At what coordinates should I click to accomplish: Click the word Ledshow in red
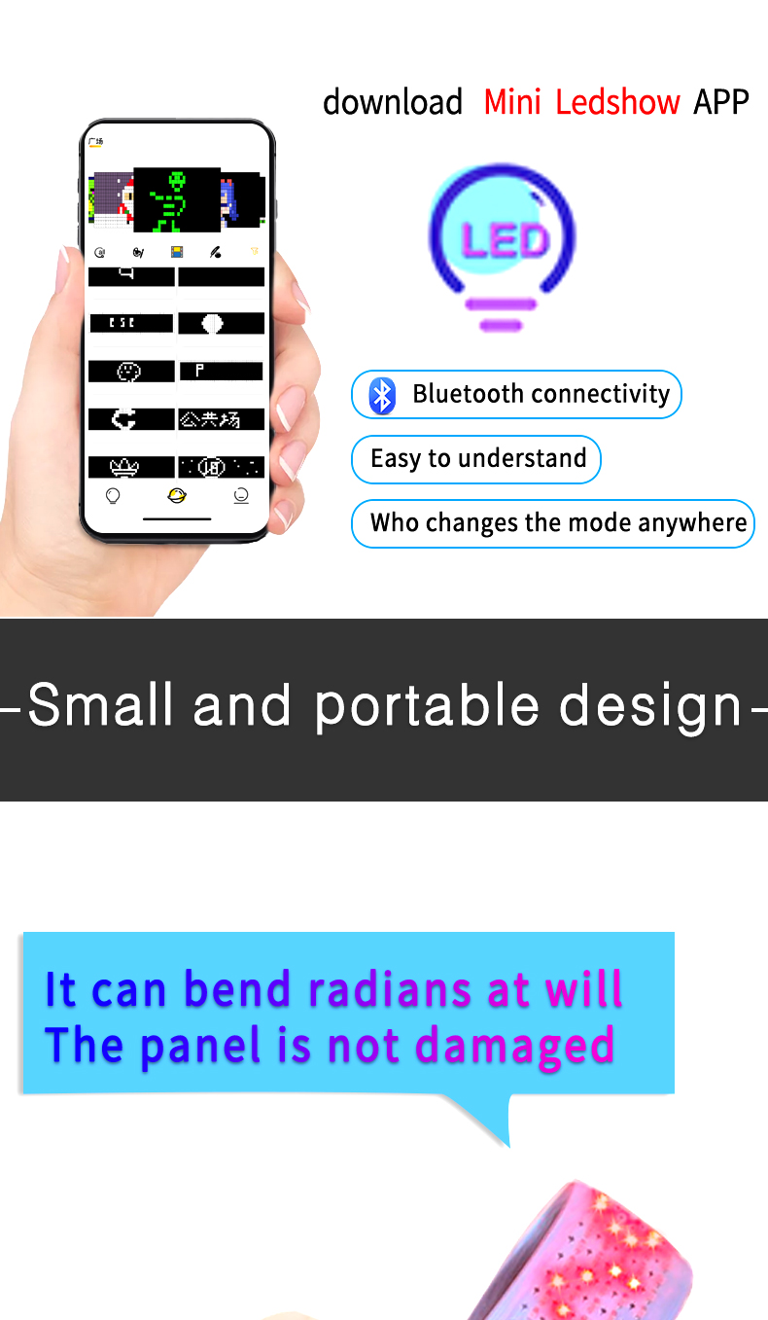click(617, 102)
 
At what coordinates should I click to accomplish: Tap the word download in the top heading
click(393, 102)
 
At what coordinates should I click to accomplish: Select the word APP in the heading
click(720, 102)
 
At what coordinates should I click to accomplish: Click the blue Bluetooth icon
click(382, 395)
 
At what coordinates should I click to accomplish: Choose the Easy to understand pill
click(476, 459)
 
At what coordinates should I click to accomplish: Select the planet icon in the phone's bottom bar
click(176, 496)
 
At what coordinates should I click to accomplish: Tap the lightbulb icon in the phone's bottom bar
click(113, 496)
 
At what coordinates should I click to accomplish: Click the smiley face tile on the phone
click(129, 372)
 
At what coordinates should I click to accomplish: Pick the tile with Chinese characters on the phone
click(221, 419)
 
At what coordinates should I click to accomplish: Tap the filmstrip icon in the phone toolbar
click(177, 252)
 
